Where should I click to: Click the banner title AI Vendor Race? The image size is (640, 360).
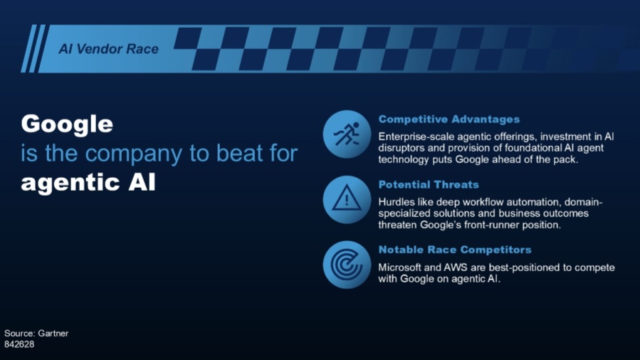(x=109, y=49)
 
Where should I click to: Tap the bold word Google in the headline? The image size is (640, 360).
(x=67, y=125)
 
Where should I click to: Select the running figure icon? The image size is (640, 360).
(x=347, y=134)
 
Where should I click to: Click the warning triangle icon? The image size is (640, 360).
(x=347, y=198)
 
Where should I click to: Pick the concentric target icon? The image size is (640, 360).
(x=347, y=265)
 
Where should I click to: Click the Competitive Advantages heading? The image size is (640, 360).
(x=449, y=120)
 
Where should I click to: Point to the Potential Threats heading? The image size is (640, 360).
(x=429, y=185)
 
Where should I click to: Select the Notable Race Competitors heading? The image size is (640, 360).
(x=455, y=250)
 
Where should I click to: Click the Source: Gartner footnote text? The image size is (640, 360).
(x=36, y=333)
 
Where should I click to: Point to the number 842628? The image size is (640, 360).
(x=19, y=344)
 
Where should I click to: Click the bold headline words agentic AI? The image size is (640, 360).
(x=88, y=183)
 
